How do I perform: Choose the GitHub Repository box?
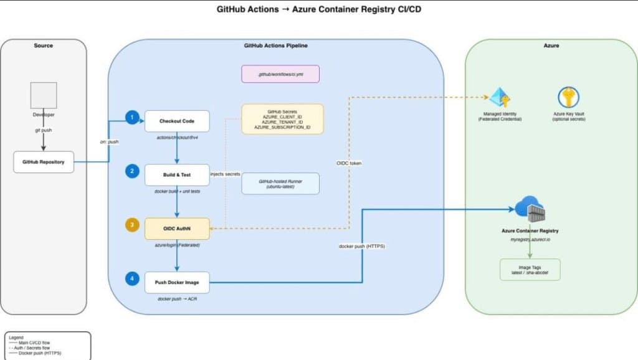click(x=44, y=162)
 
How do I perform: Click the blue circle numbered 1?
click(x=131, y=117)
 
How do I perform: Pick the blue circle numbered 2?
click(x=131, y=171)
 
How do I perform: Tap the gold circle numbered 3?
click(x=131, y=225)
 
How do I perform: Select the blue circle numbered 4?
click(x=131, y=279)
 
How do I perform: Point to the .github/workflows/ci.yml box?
click(x=280, y=74)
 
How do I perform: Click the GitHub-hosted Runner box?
click(x=280, y=183)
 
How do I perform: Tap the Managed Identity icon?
click(x=500, y=98)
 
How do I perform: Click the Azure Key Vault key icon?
click(x=568, y=98)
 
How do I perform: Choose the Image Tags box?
click(x=530, y=270)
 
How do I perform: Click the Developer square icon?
click(x=44, y=95)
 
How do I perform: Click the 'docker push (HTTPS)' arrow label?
click(x=361, y=247)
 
